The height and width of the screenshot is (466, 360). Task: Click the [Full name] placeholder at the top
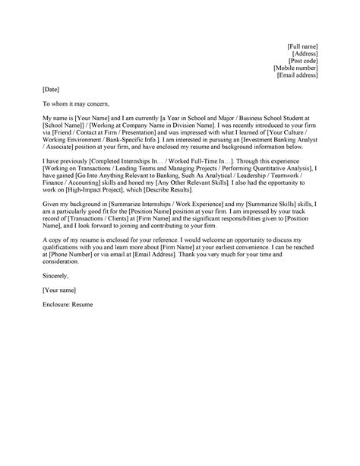pyautogui.click(x=302, y=47)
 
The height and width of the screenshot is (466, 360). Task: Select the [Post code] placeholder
pyautogui.click(x=302, y=62)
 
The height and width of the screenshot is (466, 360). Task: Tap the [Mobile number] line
pyautogui.click(x=295, y=68)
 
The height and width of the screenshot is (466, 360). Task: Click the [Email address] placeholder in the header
pyautogui.click(x=298, y=76)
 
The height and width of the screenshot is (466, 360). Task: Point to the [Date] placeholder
pyautogui.click(x=51, y=90)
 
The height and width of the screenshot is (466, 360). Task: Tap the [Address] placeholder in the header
pyautogui.click(x=304, y=54)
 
